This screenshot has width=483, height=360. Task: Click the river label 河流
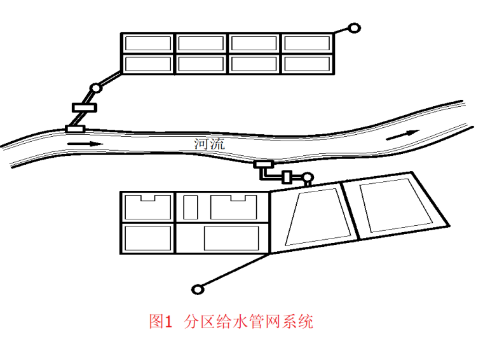pos(209,144)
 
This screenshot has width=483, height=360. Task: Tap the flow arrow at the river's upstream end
pos(85,144)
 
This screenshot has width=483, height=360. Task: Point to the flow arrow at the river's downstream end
pos(403,135)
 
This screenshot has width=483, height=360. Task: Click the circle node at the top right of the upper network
pos(354,29)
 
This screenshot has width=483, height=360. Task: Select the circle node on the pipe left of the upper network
pos(96,88)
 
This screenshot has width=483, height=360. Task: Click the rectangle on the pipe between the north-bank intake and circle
pos(85,107)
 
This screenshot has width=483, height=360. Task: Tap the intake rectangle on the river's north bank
pos(75,129)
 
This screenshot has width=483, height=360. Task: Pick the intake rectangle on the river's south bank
pos(263,164)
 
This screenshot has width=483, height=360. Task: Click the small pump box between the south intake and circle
pos(287,177)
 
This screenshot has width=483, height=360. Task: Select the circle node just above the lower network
pos(308,177)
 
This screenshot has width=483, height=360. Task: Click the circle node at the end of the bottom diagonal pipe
pos(198,290)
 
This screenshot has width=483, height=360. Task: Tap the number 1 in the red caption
pos(168,322)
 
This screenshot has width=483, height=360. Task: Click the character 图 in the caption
pos(156,321)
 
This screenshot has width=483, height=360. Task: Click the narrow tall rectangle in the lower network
pos(191,207)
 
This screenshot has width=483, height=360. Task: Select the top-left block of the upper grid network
pos(148,43)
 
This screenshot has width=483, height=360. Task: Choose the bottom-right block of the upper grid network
pos(307,64)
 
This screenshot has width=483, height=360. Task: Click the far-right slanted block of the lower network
pos(396,205)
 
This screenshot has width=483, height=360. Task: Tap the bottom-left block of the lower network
pos(148,239)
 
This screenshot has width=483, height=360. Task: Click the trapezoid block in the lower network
pos(318,218)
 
